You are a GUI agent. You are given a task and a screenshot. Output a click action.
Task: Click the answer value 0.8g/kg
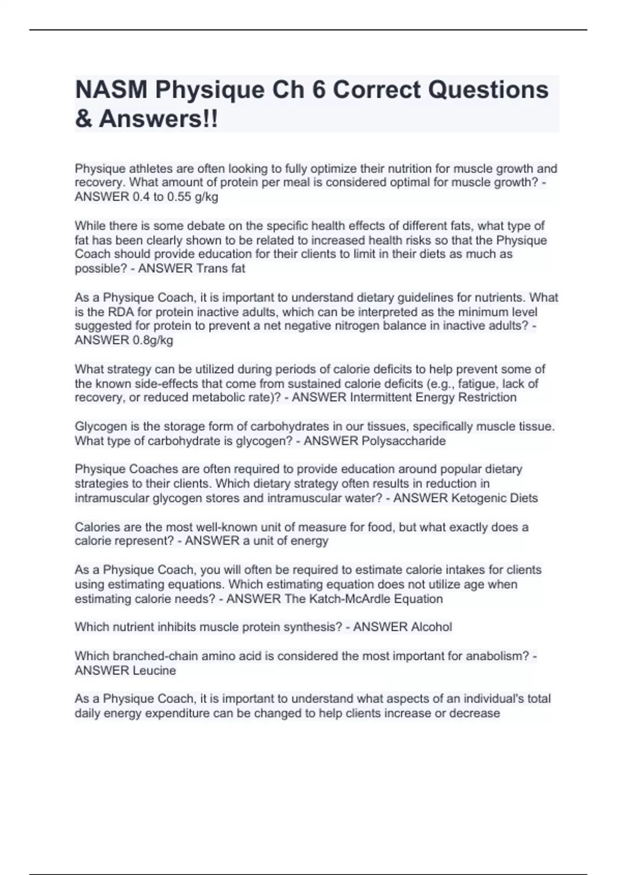153,340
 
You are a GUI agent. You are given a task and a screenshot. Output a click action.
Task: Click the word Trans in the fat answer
206,268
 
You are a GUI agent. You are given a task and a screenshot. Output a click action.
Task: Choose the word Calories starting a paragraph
97,527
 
